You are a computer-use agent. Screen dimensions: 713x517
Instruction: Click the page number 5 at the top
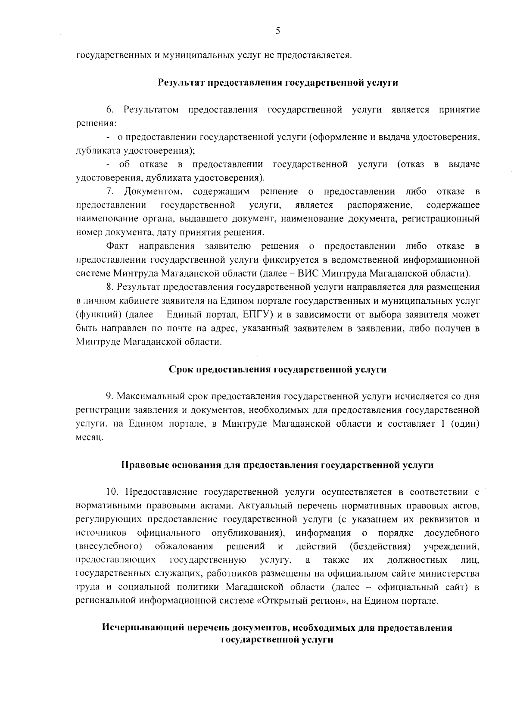coord(278,31)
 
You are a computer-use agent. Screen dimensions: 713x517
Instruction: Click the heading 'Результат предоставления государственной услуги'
coord(277,83)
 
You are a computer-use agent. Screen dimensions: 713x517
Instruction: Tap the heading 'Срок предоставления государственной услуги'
coord(277,369)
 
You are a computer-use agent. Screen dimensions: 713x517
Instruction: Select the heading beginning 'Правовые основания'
coord(277,465)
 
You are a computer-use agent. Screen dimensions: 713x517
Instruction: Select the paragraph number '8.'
coord(110,287)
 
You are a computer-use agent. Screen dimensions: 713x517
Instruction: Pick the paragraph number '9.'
coord(110,396)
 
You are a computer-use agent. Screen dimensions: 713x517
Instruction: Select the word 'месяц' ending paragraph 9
coord(89,437)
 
